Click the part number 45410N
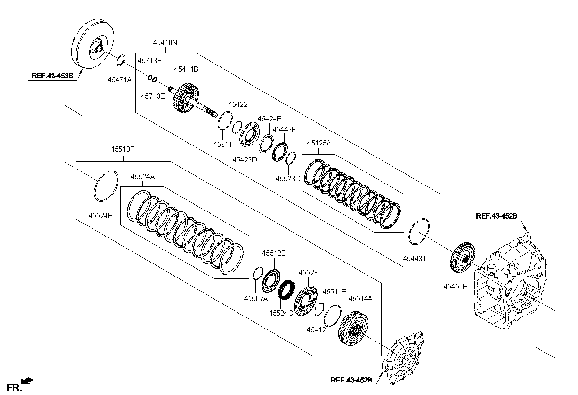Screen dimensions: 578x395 pyautogui.click(x=165, y=43)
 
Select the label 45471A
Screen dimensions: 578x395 pyautogui.click(x=119, y=80)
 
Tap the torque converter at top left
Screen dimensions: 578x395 pyautogui.click(x=92, y=44)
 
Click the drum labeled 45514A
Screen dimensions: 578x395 pyautogui.click(x=353, y=328)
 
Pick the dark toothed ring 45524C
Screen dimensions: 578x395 pyautogui.click(x=287, y=290)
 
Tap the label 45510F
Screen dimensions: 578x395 pyautogui.click(x=122, y=149)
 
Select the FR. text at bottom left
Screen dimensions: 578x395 pyautogui.click(x=14, y=388)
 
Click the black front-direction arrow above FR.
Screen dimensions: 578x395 pyautogui.click(x=27, y=380)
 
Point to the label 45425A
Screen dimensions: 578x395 pyautogui.click(x=319, y=143)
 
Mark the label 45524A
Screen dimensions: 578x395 pyautogui.click(x=143, y=177)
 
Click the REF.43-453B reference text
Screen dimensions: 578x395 pyautogui.click(x=53, y=76)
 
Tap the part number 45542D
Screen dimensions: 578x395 pyautogui.click(x=274, y=253)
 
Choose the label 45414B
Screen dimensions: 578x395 pyautogui.click(x=186, y=69)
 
